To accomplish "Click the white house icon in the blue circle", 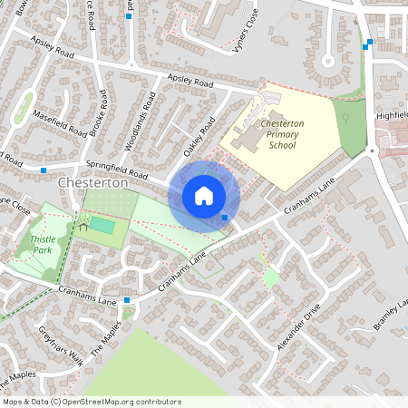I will (x=204, y=195).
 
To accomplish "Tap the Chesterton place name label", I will (x=93, y=182).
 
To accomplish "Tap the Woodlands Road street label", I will (x=138, y=113).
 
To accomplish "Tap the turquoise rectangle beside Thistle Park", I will (x=102, y=224).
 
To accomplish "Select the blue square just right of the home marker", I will (x=225, y=217).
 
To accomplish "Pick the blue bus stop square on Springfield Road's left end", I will (x=44, y=169).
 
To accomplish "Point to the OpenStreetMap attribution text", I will (x=91, y=402).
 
